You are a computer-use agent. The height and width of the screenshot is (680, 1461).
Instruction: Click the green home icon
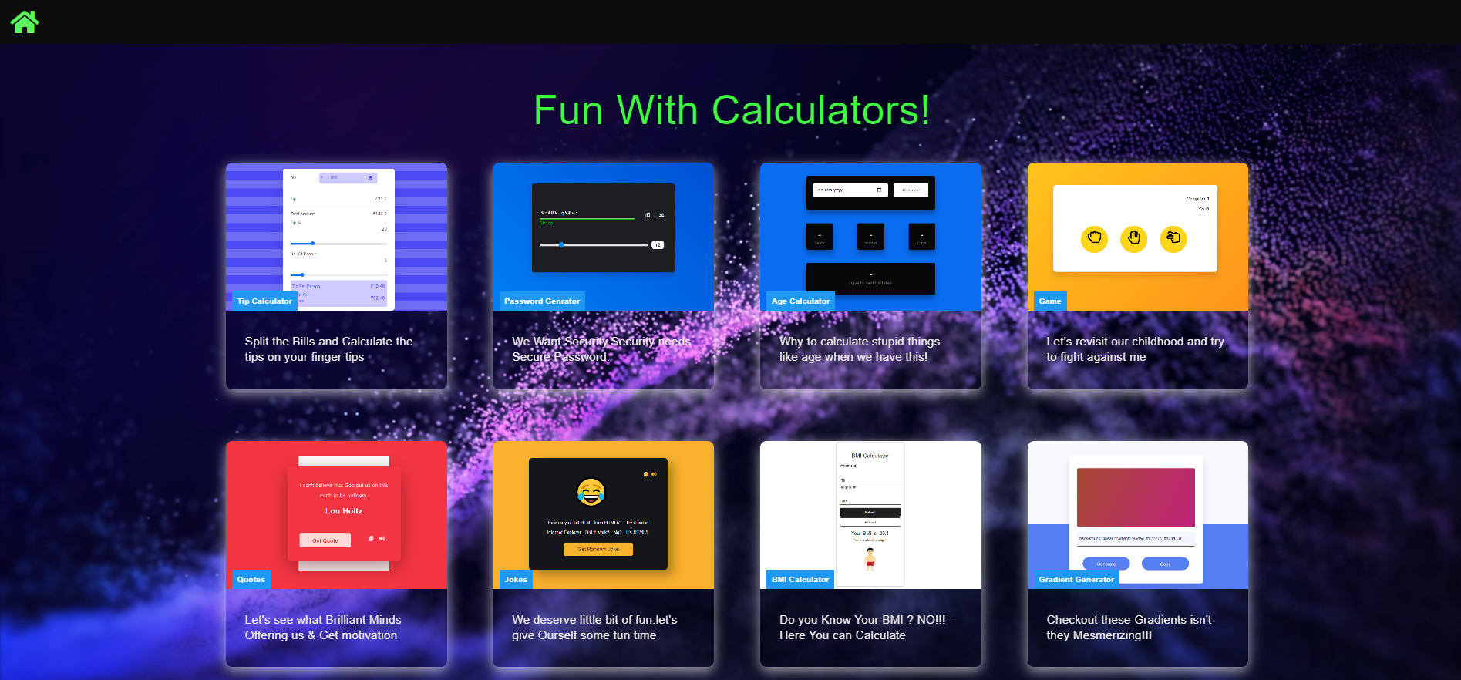point(24,22)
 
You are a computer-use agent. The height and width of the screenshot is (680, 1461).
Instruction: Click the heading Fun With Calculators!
point(731,110)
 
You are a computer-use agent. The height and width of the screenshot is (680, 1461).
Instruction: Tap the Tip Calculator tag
point(264,301)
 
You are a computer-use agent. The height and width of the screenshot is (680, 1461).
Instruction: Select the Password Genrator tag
point(541,301)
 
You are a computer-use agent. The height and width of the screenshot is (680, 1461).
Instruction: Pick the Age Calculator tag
point(800,301)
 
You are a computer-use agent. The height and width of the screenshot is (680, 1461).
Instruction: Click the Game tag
point(1049,301)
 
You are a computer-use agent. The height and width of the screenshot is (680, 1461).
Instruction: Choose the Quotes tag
point(251,580)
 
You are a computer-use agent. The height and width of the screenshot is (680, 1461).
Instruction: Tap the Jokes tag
point(515,580)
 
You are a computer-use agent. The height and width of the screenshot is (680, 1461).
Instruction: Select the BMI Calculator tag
point(800,580)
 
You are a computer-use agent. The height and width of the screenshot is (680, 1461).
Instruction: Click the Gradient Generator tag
point(1076,580)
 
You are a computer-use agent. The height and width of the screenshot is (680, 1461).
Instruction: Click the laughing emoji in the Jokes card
point(591,491)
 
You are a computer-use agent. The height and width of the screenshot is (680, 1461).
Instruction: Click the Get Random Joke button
point(598,549)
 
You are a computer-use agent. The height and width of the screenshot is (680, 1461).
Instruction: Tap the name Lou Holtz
point(344,511)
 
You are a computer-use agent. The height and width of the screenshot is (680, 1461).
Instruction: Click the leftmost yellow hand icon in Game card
point(1094,238)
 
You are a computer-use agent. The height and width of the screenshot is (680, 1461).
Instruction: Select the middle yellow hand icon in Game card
point(1133,238)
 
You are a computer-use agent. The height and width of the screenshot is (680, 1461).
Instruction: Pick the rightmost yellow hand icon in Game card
point(1173,238)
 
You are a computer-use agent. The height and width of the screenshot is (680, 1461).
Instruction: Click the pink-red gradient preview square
point(1136,497)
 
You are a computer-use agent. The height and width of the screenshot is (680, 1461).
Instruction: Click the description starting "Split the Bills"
point(328,349)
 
